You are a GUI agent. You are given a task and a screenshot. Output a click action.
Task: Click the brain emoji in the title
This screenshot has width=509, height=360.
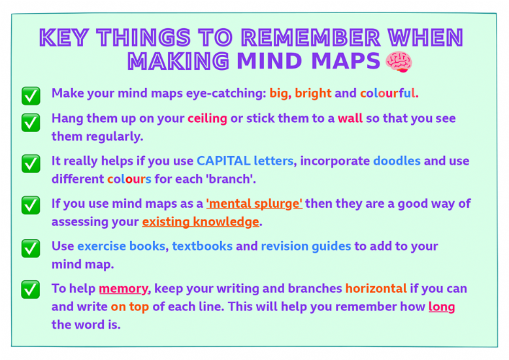(399, 61)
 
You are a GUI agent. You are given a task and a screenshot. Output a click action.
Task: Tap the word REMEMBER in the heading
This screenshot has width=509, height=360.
(310, 38)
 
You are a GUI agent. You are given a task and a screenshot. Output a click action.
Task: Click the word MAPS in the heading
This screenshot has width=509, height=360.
(346, 61)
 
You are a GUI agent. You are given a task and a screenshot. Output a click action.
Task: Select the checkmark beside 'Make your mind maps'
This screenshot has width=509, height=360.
(31, 96)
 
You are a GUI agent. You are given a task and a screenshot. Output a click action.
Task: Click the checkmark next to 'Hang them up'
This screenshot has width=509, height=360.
(31, 122)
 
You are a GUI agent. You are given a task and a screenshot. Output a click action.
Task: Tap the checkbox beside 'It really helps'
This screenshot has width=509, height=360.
(31, 163)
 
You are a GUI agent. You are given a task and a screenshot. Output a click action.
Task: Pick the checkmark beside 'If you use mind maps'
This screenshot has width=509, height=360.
(31, 205)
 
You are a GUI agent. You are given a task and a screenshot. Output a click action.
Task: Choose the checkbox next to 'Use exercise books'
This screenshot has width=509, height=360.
(31, 248)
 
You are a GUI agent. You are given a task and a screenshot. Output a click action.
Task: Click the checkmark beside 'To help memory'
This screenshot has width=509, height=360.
(31, 289)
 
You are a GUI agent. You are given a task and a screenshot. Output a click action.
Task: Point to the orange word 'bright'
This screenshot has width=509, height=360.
(313, 93)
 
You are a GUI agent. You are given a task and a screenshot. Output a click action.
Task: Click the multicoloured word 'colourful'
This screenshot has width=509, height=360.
(387, 93)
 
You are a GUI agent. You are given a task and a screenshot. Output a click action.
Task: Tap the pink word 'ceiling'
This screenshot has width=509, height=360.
(207, 119)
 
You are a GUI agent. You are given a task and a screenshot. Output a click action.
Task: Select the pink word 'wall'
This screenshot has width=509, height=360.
(350, 118)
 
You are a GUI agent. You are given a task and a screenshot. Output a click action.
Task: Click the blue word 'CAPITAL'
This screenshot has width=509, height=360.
(223, 161)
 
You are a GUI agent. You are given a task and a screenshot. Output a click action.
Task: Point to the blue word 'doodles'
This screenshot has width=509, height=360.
(397, 161)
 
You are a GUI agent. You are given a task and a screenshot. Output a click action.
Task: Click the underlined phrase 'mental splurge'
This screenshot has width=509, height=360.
(254, 204)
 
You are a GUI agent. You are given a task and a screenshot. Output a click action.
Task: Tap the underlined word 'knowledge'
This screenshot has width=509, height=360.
(226, 221)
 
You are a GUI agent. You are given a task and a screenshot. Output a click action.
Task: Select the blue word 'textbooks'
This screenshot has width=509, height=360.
(203, 246)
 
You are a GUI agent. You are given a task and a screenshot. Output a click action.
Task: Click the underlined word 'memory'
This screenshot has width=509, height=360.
(123, 289)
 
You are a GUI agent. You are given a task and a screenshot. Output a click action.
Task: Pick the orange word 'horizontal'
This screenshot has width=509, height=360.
(376, 289)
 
